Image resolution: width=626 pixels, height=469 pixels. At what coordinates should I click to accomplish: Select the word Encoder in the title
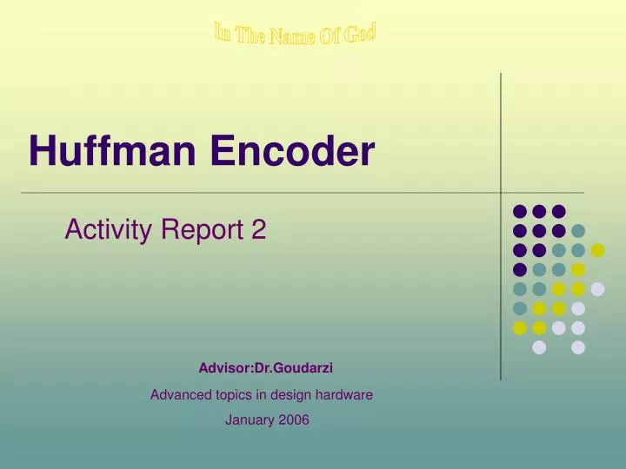click(x=291, y=153)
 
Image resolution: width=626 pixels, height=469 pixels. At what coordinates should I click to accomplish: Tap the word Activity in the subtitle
click(x=103, y=230)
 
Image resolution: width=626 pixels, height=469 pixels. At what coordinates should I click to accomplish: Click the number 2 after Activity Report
click(x=259, y=230)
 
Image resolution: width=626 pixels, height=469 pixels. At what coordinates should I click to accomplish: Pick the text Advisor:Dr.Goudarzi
click(x=265, y=368)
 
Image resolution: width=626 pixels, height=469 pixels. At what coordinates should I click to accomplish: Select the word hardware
click(x=345, y=394)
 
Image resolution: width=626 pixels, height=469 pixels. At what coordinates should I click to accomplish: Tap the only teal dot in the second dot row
click(x=578, y=231)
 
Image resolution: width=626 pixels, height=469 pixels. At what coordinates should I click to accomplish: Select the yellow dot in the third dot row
click(x=597, y=250)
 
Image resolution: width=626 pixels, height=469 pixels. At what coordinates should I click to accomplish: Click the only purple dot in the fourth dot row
click(x=520, y=269)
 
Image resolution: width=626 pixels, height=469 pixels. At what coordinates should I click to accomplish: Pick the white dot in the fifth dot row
click(x=597, y=289)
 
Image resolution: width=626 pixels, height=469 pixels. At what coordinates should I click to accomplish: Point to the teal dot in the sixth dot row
click(x=520, y=308)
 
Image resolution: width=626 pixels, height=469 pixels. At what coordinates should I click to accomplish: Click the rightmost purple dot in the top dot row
click(x=559, y=211)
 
